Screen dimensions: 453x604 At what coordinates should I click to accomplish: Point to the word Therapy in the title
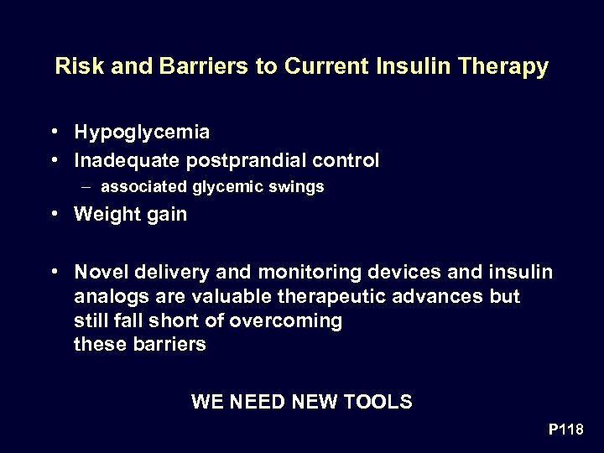[508, 67]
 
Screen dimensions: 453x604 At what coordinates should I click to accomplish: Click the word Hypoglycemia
[142, 133]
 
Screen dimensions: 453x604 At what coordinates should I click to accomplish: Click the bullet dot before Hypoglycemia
[53, 133]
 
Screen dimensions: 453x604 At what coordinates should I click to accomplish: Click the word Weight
[105, 215]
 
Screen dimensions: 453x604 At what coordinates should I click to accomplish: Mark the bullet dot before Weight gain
[53, 214]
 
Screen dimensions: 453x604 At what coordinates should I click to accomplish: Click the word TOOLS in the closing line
[383, 402]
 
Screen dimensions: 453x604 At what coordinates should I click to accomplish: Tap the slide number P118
[565, 430]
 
